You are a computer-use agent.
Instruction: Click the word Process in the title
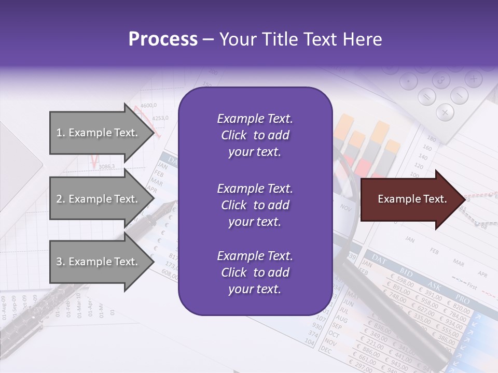163,39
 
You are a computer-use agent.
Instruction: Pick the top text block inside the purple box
255,135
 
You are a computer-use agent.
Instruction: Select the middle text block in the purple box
255,205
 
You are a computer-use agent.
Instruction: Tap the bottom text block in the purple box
255,272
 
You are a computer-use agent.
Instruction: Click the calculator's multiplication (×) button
445,111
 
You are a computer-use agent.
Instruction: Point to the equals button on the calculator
427,97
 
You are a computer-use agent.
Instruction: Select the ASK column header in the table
434,284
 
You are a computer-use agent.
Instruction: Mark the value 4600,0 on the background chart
148,106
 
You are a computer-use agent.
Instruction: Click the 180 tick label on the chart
431,138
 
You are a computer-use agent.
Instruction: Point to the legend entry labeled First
472,286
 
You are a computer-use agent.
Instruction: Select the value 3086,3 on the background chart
106,166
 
